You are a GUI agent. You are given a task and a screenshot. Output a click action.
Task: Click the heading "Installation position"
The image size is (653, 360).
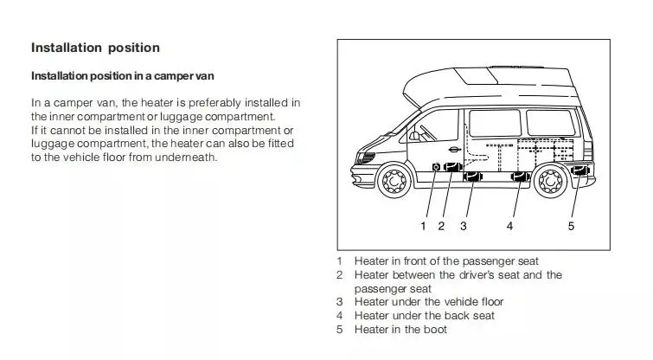point(95,47)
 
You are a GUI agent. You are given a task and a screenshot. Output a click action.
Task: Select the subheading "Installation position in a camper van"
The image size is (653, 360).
point(129,76)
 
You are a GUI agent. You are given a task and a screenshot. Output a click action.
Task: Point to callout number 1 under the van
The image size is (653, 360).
point(423,227)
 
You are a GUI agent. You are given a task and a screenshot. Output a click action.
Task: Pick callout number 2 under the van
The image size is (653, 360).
point(441,227)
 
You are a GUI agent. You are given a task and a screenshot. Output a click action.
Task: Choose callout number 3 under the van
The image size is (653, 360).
point(464,227)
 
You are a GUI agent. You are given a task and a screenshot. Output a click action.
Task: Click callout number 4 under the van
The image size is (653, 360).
point(510,227)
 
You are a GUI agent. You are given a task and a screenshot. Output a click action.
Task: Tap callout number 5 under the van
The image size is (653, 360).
point(572,227)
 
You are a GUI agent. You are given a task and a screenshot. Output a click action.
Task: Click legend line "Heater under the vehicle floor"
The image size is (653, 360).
point(429,302)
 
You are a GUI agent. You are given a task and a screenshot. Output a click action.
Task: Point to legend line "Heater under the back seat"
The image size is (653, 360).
point(425,316)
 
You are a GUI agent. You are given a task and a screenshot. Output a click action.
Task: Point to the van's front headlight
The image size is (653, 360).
point(368,158)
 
